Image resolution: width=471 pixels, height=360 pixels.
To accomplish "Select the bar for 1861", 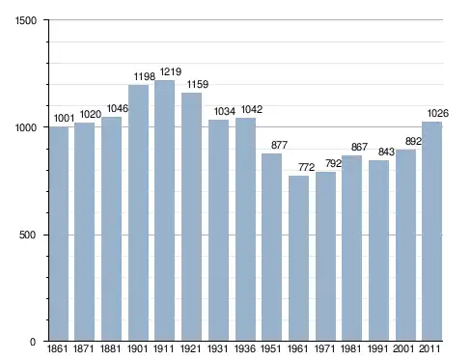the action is [x=59, y=234].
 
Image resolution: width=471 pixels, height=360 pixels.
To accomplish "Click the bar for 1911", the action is [x=164, y=210].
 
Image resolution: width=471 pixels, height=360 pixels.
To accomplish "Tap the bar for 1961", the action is [x=298, y=259].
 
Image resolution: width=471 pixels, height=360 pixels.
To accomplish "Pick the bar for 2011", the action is [x=431, y=232].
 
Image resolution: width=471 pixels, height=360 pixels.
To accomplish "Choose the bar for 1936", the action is [x=245, y=230].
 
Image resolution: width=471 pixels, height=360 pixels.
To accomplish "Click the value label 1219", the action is [x=171, y=71].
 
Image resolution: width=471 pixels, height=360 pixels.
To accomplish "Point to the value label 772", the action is [x=306, y=167].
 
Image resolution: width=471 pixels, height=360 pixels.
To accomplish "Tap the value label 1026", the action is [x=438, y=113].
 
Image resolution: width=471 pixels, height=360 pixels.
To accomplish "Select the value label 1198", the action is [x=145, y=76].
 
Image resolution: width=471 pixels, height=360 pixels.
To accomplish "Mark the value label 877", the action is [x=279, y=145].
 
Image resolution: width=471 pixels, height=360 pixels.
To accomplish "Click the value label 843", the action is [x=386, y=152].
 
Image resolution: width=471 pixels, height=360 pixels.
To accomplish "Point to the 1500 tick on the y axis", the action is [x=26, y=20].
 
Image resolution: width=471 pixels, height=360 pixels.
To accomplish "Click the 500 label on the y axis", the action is [x=27, y=235].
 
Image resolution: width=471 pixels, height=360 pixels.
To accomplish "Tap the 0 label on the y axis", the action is [x=33, y=342].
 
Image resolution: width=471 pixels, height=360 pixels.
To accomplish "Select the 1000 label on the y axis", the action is [x=26, y=127].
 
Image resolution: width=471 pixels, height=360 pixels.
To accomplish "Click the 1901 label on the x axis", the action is [x=137, y=348].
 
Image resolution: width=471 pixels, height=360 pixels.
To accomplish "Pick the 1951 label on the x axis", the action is [x=270, y=348].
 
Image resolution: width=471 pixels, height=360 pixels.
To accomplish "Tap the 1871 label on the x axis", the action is [x=84, y=348].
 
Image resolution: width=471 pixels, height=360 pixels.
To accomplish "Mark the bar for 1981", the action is [x=351, y=248].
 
